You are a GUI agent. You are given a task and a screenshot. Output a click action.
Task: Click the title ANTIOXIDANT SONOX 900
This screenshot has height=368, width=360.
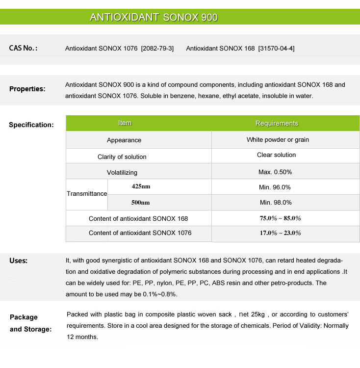(154, 17)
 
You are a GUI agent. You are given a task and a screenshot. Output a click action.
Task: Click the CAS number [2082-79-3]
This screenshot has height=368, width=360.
(157, 48)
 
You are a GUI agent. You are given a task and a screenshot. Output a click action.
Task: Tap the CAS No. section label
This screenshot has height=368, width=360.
(23, 48)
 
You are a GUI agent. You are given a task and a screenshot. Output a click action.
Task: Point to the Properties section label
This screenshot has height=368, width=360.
(27, 89)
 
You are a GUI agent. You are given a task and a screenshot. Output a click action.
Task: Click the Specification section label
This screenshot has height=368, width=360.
(31, 125)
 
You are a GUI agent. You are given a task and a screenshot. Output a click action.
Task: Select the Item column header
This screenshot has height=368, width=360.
(125, 123)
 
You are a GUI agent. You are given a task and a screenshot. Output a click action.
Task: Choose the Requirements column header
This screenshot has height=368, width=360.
(277, 123)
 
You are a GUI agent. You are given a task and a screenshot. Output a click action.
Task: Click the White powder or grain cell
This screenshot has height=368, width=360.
(278, 140)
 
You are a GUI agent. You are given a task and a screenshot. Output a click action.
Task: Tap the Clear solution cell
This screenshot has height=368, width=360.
(277, 155)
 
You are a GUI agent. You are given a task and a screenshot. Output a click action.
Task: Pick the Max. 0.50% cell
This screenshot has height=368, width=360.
(275, 172)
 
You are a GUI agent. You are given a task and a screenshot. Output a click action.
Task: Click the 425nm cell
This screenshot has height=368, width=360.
(141, 186)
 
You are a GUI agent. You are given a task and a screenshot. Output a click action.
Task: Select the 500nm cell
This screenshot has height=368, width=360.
(141, 202)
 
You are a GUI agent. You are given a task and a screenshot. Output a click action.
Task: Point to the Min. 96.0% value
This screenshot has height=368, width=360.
(275, 187)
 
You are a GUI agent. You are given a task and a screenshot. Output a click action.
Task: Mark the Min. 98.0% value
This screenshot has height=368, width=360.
(275, 202)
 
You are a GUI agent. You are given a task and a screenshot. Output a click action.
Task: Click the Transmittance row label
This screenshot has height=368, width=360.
(87, 194)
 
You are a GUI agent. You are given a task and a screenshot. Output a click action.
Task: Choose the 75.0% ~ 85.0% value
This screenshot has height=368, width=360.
(280, 218)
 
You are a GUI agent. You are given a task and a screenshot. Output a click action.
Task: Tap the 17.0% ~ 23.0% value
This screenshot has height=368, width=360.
(280, 233)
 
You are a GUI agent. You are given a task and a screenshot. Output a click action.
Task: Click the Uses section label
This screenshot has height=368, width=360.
(19, 261)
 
